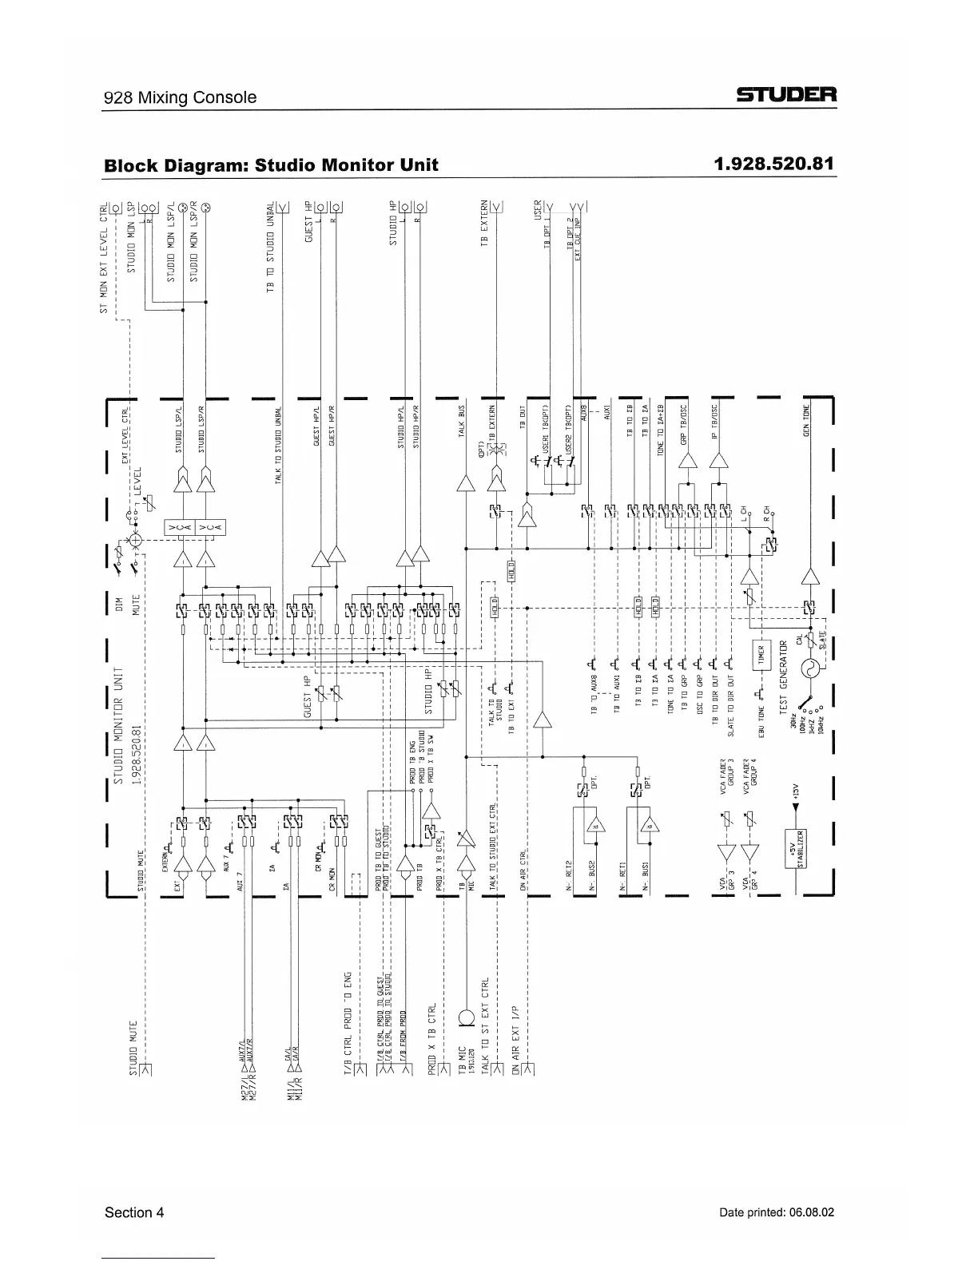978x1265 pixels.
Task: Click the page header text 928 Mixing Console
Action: (x=181, y=97)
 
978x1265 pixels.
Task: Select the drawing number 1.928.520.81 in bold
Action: (x=774, y=164)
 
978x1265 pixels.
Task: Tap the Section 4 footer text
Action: (x=134, y=1212)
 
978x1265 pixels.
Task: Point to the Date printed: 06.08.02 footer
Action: (x=777, y=1212)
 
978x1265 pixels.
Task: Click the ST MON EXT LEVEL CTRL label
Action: (x=103, y=259)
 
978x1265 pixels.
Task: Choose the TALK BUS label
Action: (x=461, y=422)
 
